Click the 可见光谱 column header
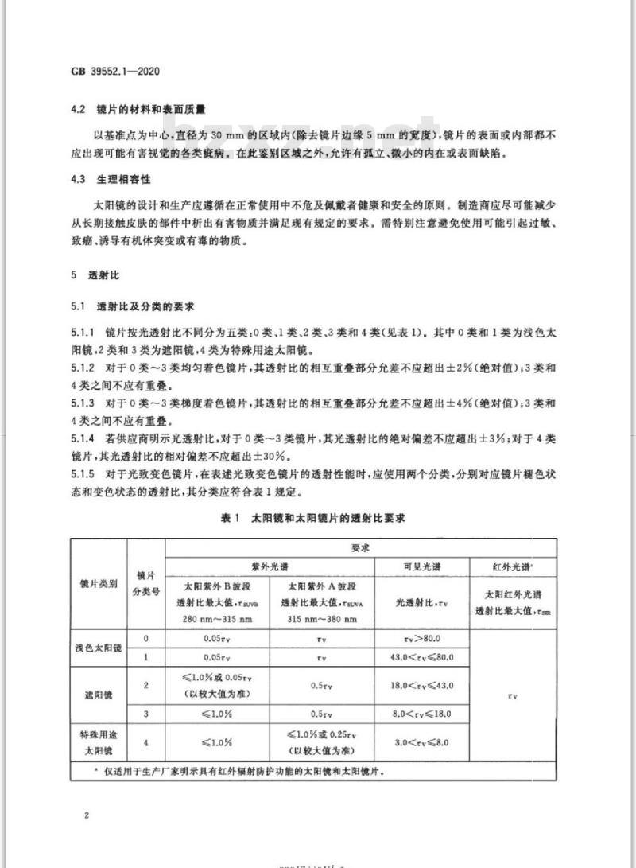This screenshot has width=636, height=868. click(x=421, y=566)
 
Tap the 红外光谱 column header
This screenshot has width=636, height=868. click(x=513, y=566)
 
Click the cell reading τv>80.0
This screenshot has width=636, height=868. click(x=421, y=639)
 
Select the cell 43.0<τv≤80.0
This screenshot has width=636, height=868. click(x=421, y=658)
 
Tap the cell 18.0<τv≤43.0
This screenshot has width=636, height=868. click(x=421, y=685)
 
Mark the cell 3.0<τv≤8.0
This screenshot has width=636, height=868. click(x=421, y=742)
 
